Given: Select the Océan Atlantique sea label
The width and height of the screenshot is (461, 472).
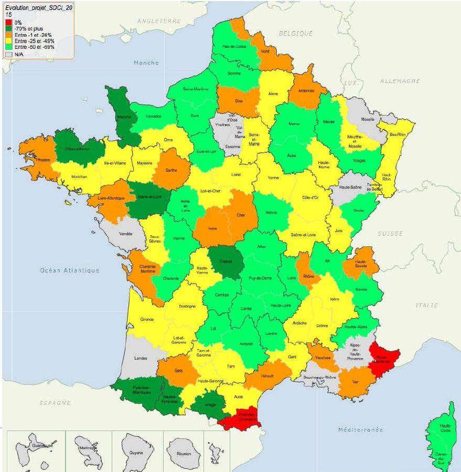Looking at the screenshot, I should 69,270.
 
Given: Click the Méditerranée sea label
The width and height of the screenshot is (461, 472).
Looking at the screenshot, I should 360,430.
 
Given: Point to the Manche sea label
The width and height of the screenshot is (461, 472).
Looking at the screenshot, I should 146,62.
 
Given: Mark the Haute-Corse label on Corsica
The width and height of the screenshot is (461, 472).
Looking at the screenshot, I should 446,427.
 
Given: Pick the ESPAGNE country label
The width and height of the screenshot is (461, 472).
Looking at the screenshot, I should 55,403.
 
